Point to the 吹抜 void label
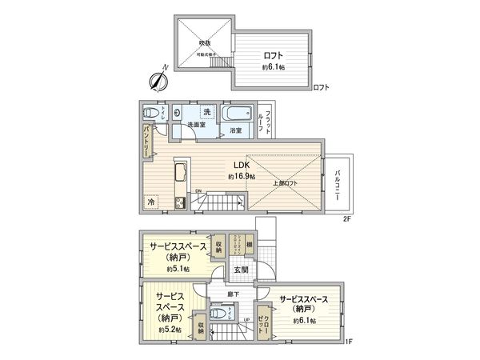click(x=205, y=42)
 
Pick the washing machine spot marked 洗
click(x=206, y=111)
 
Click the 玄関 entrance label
click(x=240, y=270)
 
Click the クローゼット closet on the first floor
click(x=264, y=324)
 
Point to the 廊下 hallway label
click(x=232, y=294)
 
